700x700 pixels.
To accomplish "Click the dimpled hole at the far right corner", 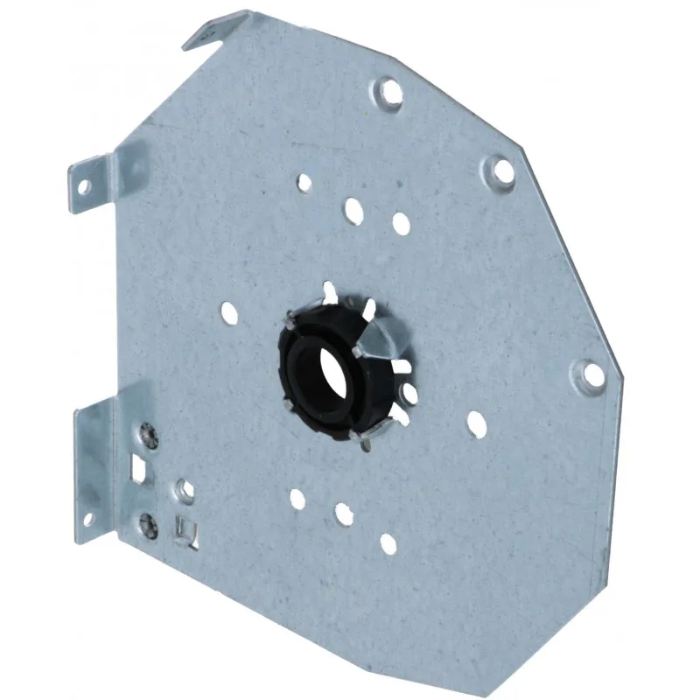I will pos(592,374).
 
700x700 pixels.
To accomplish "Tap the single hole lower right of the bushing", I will pos(477,423).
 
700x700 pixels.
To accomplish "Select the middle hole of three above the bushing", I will pos(353,210).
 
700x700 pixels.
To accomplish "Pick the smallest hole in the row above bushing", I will pos(304,184).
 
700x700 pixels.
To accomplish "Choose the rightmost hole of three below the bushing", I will pos(388,543).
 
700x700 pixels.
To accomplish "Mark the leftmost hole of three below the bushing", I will pos(297,500).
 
